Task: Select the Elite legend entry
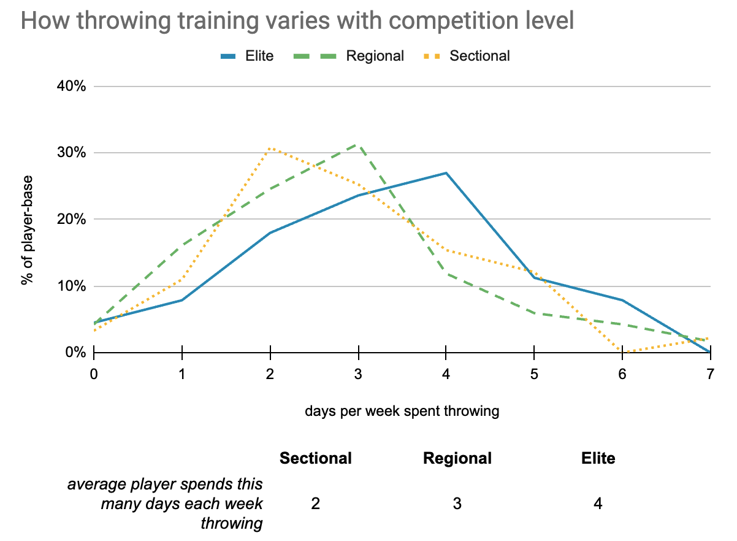[247, 56]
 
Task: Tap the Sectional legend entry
[467, 56]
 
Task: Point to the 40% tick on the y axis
[72, 86]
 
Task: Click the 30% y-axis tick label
[72, 153]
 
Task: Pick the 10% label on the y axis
[72, 286]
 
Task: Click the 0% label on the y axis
[75, 353]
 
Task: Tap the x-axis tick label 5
[534, 374]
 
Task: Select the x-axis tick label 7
[710, 374]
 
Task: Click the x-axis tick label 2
[270, 374]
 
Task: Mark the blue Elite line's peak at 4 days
[446, 173]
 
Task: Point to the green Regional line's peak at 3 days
[358, 145]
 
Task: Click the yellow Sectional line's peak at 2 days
[270, 148]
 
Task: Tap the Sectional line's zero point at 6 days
[622, 353]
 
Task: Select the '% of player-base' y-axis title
[27, 231]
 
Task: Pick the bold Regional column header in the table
[457, 458]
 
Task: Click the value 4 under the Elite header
[598, 504]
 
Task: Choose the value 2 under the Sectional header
[315, 504]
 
